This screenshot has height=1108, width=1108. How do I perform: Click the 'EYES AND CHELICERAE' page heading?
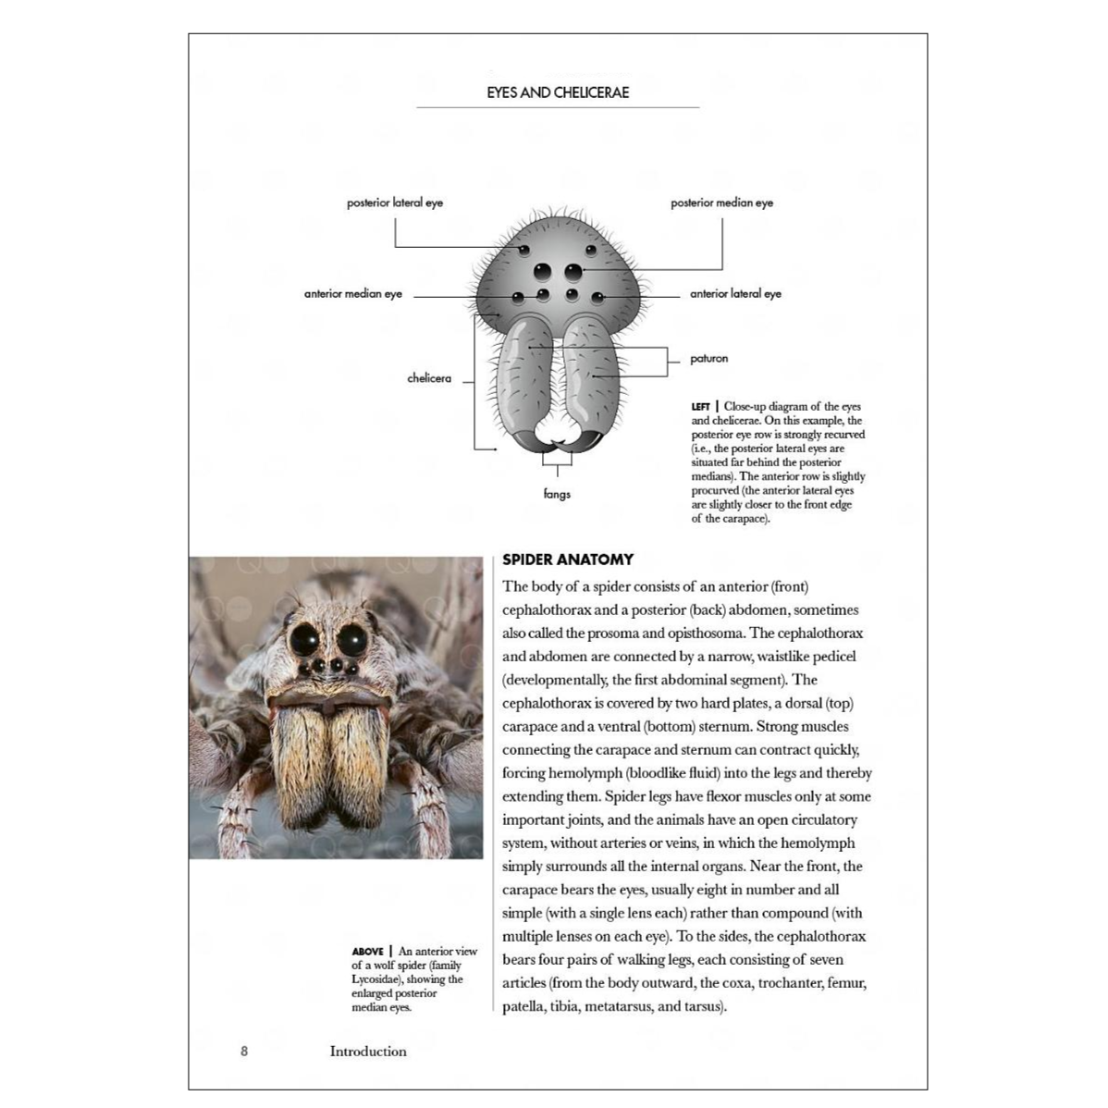pyautogui.click(x=558, y=92)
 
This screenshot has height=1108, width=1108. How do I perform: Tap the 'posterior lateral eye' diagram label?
pyautogui.click(x=395, y=203)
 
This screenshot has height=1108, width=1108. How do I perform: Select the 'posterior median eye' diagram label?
pyautogui.click(x=721, y=203)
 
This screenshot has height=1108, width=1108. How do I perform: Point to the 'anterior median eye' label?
pyautogui.click(x=353, y=294)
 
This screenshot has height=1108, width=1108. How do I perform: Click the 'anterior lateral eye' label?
pyautogui.click(x=735, y=294)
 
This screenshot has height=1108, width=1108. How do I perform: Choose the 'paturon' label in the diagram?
pyautogui.click(x=709, y=359)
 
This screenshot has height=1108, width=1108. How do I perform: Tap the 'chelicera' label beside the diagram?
pyautogui.click(x=429, y=378)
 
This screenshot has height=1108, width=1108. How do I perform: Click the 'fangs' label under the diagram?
pyautogui.click(x=557, y=494)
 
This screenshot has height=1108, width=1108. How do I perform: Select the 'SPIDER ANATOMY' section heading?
pyautogui.click(x=568, y=560)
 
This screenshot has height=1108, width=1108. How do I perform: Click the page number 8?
pyautogui.click(x=244, y=1051)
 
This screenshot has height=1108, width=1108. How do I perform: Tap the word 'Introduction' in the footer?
pyautogui.click(x=368, y=1051)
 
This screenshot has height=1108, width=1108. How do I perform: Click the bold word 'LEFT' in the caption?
pyautogui.click(x=700, y=407)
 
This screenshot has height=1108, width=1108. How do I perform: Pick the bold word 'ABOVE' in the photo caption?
pyautogui.click(x=367, y=952)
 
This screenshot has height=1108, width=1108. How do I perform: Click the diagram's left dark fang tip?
pyautogui.click(x=522, y=442)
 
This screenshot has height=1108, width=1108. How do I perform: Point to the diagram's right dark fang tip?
pyautogui.click(x=594, y=442)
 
